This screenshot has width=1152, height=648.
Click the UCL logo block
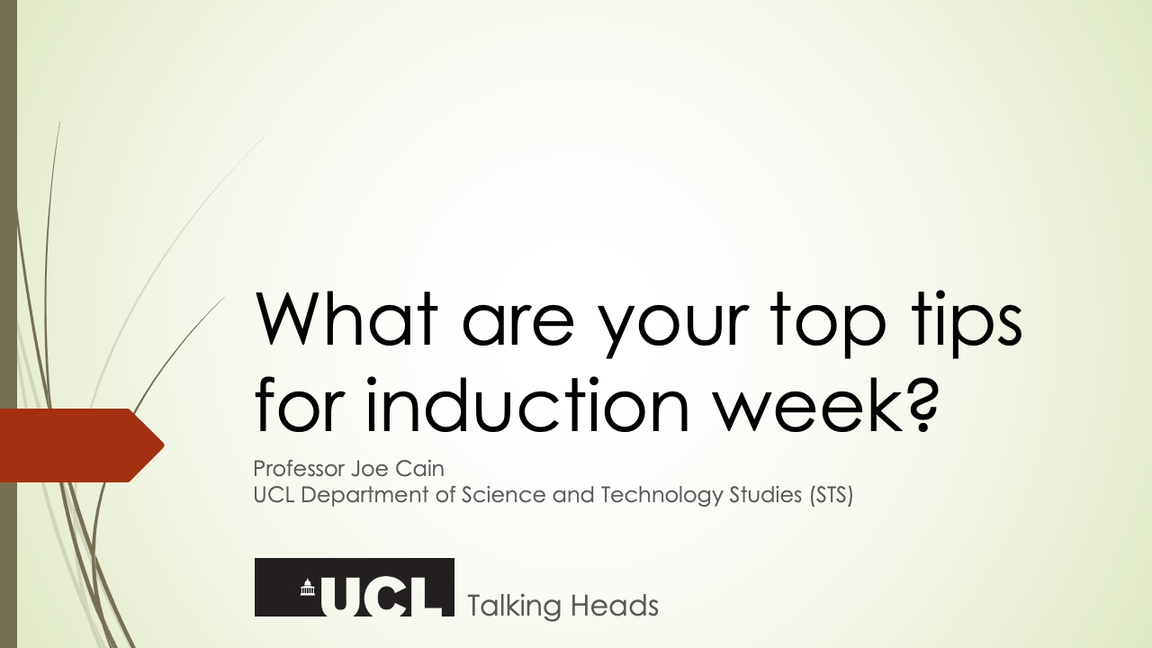tap(355, 588)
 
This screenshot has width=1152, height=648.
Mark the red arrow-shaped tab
tap(81, 445)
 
